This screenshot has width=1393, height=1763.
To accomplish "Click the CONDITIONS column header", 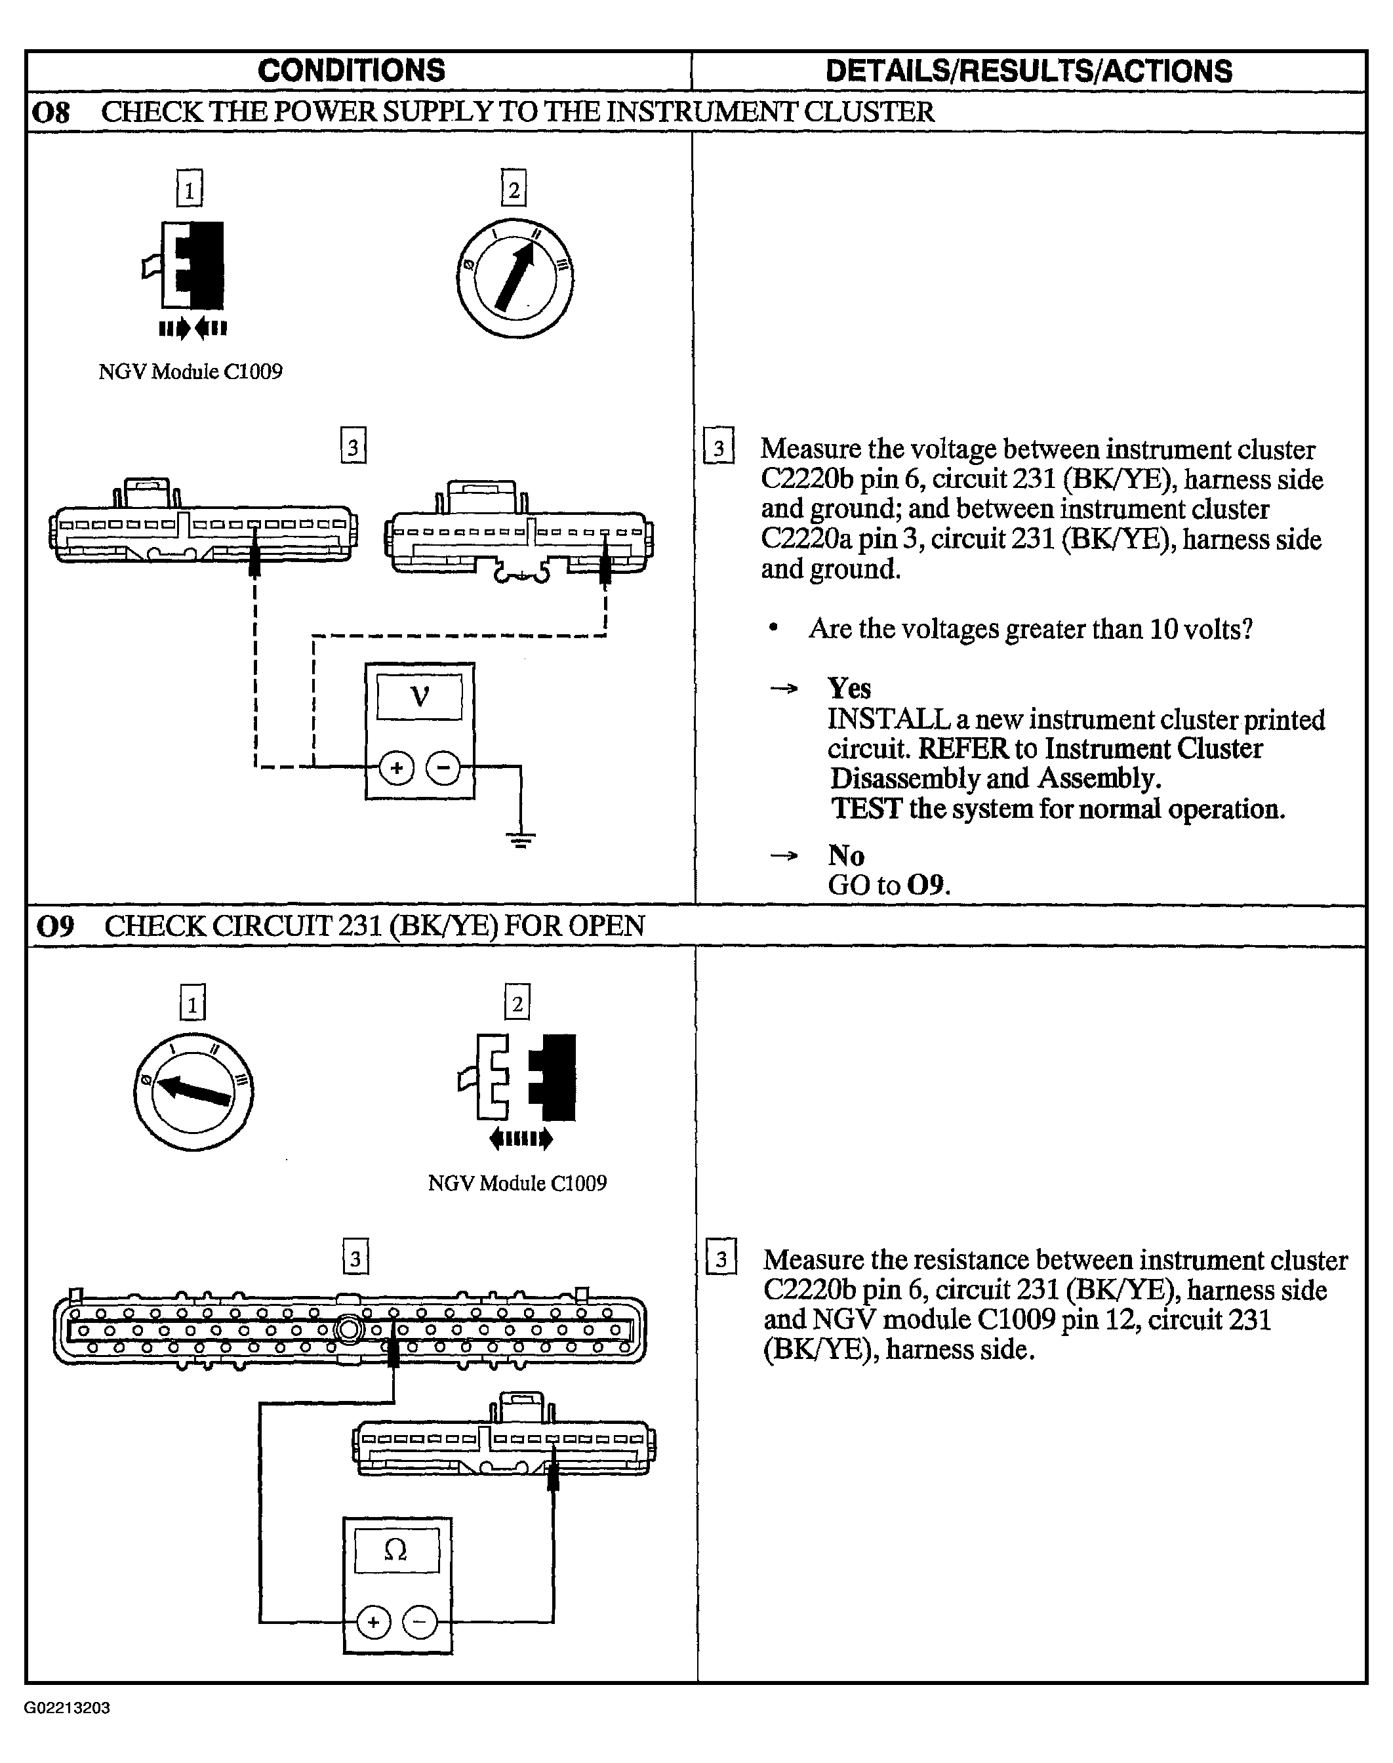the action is tap(352, 71).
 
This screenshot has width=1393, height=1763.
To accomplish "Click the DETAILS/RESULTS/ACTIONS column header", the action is tap(1029, 71).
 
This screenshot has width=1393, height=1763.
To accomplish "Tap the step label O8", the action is tap(50, 111).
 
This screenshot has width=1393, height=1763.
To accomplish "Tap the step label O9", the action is tap(56, 926).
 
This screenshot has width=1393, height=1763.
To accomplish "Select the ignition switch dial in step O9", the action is tap(193, 1092).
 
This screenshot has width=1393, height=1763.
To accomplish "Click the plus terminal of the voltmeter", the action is tap(397, 768).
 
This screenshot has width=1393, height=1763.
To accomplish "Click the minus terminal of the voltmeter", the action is tap(443, 768).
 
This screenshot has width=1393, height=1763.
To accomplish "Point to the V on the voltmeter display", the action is tap(419, 697).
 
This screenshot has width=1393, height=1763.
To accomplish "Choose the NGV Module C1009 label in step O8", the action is tap(191, 372).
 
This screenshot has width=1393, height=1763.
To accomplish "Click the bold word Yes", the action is tap(850, 688).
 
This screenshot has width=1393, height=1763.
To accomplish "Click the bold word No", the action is tap(847, 855).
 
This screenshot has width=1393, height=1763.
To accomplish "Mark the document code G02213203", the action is tap(67, 1707).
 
